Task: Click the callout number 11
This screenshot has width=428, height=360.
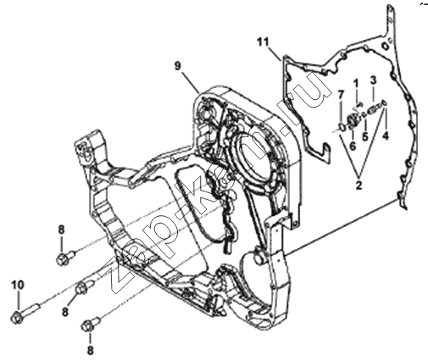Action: (263, 42)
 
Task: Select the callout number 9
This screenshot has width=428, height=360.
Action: (177, 66)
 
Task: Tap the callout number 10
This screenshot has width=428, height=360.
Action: (18, 285)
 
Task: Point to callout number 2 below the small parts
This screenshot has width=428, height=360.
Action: (359, 186)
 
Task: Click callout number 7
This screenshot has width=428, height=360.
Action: (341, 95)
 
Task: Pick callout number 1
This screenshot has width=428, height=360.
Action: (356, 84)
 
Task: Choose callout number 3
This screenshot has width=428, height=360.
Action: (373, 80)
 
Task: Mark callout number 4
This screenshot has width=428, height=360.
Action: (386, 136)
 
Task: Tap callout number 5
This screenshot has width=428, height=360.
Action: (365, 136)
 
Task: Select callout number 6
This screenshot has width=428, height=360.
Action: (353, 146)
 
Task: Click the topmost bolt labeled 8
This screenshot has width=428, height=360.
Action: (67, 257)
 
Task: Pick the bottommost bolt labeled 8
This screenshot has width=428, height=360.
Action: (91, 324)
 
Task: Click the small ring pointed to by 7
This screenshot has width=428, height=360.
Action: (342, 127)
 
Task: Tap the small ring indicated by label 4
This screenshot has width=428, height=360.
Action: (384, 103)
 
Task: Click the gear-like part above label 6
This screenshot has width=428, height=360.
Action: (353, 122)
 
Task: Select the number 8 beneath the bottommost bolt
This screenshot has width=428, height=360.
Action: (90, 351)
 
